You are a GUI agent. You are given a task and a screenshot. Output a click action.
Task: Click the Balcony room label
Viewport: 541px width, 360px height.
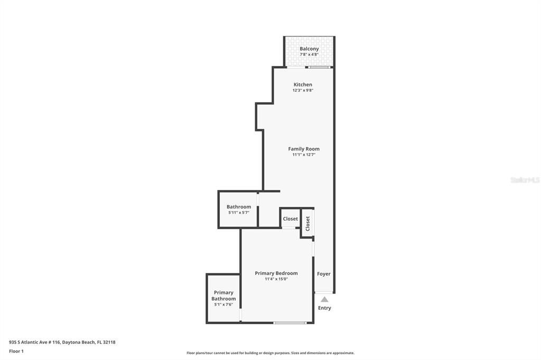pyautogui.click(x=309, y=49)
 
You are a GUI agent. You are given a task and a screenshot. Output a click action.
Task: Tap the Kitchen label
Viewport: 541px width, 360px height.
pyautogui.click(x=303, y=84)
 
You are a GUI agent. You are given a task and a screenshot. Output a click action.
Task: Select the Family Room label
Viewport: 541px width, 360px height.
pyautogui.click(x=304, y=149)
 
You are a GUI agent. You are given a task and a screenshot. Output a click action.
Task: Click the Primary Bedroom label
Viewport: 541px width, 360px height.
pyautogui.click(x=276, y=273)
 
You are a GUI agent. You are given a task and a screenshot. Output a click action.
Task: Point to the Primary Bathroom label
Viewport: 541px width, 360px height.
pyautogui.click(x=223, y=296)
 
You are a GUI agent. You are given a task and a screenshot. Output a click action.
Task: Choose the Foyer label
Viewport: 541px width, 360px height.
pyautogui.click(x=324, y=274)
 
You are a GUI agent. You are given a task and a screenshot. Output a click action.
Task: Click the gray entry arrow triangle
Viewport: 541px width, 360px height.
pyautogui.click(x=324, y=299)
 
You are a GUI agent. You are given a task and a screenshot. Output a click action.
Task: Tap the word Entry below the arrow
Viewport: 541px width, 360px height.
pyautogui.click(x=324, y=308)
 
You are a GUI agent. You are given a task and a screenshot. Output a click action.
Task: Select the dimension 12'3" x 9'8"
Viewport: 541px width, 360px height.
pyautogui.click(x=303, y=90)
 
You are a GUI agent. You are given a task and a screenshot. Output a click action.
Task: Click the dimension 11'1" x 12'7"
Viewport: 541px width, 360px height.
pyautogui.click(x=304, y=155)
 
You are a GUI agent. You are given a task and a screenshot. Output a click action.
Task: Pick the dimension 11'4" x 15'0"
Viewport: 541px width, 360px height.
pyautogui.click(x=276, y=279)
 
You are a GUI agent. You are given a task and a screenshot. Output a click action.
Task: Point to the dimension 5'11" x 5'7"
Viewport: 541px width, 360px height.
pyautogui.click(x=239, y=213)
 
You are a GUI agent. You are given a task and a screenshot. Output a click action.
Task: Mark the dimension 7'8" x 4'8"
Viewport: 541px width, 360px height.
pyautogui.click(x=309, y=54)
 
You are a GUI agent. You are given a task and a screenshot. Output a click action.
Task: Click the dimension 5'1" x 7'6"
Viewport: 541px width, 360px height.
pyautogui.click(x=223, y=305)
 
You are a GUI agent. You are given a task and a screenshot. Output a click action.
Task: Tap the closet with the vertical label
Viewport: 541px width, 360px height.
pyautogui.click(x=307, y=223)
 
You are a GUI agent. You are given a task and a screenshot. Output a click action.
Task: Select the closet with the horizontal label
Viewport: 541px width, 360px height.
pyautogui.click(x=290, y=219)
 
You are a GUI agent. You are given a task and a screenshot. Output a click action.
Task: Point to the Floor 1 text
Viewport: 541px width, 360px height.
pyautogui.click(x=16, y=351)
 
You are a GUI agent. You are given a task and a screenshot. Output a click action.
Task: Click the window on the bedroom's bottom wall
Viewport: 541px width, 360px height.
pyautogui.click(x=290, y=323)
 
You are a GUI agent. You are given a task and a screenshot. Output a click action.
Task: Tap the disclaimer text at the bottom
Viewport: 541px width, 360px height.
pyautogui.click(x=270, y=353)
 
